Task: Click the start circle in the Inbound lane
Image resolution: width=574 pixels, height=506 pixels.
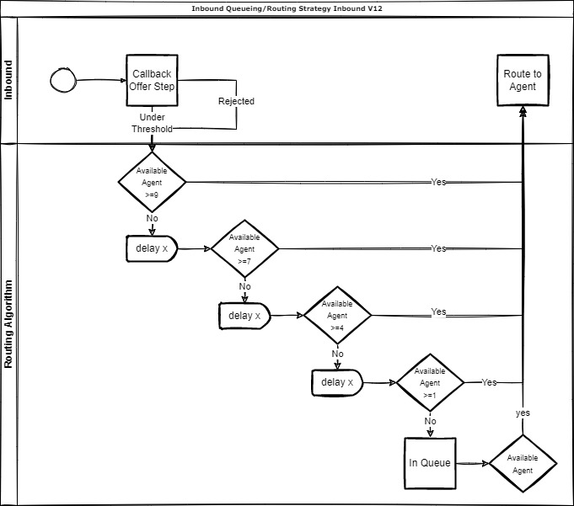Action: [63, 80]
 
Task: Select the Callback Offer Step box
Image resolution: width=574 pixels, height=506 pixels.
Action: [152, 80]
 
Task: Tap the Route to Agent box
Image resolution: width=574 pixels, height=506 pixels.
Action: [523, 80]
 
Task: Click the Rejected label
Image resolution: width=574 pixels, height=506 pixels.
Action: [236, 101]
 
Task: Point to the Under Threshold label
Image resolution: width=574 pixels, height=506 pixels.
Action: [152, 123]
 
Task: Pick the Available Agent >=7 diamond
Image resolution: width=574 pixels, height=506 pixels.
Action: [244, 248]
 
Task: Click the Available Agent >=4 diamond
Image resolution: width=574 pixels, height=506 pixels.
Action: [337, 315]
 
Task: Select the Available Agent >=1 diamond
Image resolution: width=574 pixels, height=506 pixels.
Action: [430, 382]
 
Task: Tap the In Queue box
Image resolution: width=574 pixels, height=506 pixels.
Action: [430, 463]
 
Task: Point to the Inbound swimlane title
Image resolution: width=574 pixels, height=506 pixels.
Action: [9, 80]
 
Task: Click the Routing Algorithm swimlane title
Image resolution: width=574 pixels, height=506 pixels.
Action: [9, 324]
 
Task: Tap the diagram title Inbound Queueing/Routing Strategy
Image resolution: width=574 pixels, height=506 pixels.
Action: [287, 8]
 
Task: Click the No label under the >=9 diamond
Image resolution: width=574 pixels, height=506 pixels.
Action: [153, 217]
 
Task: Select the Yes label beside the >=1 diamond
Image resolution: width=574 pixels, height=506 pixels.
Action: [489, 382]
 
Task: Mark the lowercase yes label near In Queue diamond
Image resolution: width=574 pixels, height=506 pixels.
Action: [523, 413]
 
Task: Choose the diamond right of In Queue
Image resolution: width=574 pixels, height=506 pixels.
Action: [523, 463]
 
